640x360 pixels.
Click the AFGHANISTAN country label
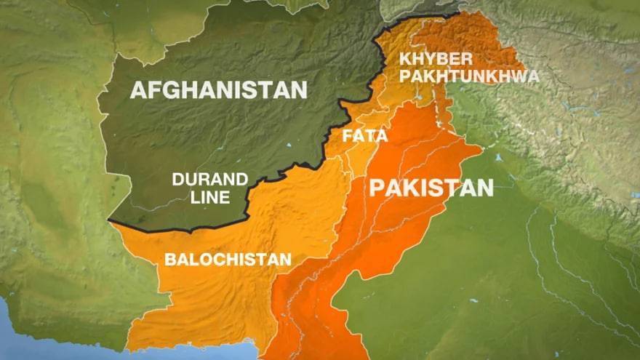click(x=218, y=90)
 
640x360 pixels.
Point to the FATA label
click(x=364, y=135)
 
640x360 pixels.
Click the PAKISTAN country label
click(x=431, y=188)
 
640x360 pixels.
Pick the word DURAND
click(x=209, y=180)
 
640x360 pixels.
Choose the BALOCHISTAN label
click(x=228, y=259)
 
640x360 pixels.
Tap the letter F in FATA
click(x=347, y=135)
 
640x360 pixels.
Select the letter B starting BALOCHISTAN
click(x=169, y=259)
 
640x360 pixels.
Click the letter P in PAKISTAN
click(x=377, y=188)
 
